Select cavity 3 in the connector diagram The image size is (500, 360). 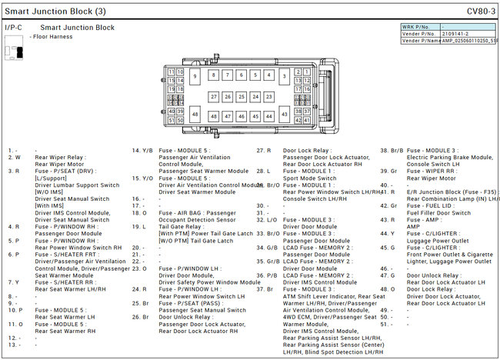point(285,76)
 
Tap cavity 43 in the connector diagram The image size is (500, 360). point(285,114)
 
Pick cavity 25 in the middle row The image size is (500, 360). point(242,97)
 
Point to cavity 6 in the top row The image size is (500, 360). point(242,75)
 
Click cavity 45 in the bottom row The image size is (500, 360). point(256,116)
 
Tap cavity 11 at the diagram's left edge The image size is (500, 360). point(170,72)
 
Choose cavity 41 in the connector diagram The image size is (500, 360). point(307,120)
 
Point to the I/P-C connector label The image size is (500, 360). point(13,28)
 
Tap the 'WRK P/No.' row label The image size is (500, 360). point(420,27)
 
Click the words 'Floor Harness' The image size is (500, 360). point(55,36)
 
